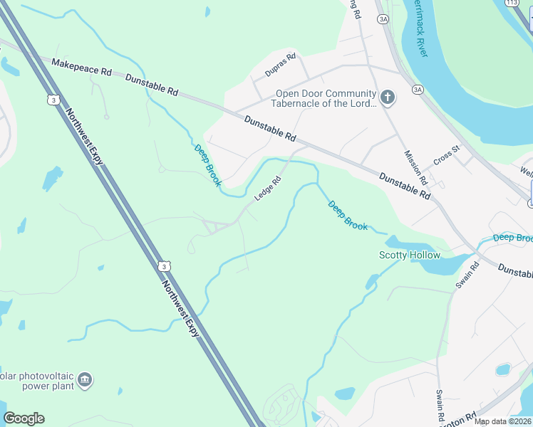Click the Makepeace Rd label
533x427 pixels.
[x=81, y=68]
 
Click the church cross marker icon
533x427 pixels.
[x=387, y=97]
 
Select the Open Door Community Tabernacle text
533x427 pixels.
[x=326, y=99]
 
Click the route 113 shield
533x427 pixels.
[x=512, y=4]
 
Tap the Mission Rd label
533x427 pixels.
[x=415, y=167]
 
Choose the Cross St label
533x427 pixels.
[x=447, y=154]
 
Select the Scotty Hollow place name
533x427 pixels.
[x=409, y=255]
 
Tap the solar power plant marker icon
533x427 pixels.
[x=86, y=380]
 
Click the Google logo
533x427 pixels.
[x=24, y=418]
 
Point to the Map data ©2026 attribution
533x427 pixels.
[x=502, y=421]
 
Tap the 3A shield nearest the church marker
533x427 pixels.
[x=418, y=89]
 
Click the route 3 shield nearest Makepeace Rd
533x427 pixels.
[x=53, y=100]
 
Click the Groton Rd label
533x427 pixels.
[x=461, y=420]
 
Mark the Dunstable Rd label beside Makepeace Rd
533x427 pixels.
[x=152, y=83]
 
